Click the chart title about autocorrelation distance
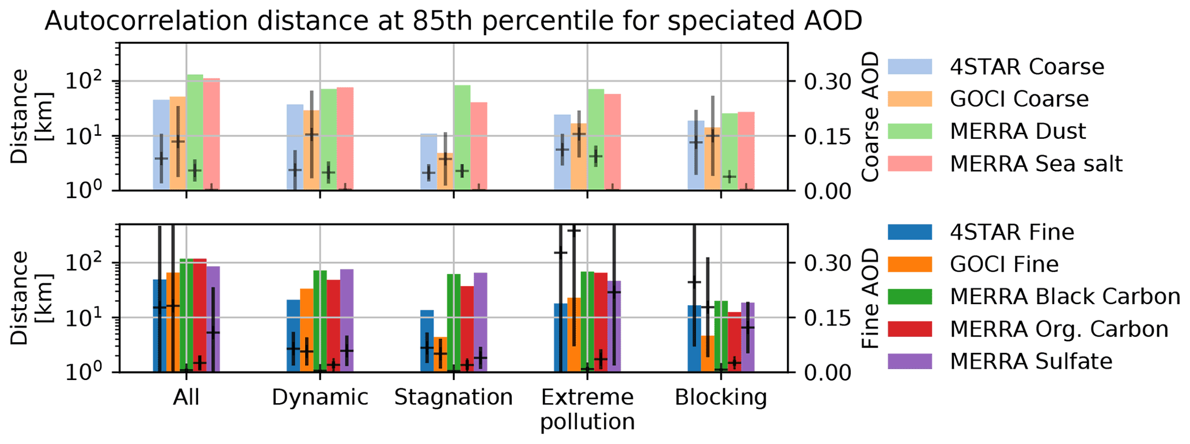[454, 21]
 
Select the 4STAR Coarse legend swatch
[910, 67]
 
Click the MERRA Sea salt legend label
[1036, 164]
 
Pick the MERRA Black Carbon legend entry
[1034, 296]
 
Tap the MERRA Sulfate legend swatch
[910, 361]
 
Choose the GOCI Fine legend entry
[974, 264]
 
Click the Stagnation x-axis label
[453, 397]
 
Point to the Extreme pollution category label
[587, 409]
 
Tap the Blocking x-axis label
[721, 397]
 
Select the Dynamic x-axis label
[320, 397]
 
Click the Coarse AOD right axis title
[871, 117]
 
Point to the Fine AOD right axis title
[871, 298]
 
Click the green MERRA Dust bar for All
[195, 132]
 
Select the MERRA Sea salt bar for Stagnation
[479, 146]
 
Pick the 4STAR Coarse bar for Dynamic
[295, 147]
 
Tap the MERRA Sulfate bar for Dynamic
[347, 321]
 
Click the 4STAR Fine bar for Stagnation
[427, 341]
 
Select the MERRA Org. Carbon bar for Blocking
[734, 342]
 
